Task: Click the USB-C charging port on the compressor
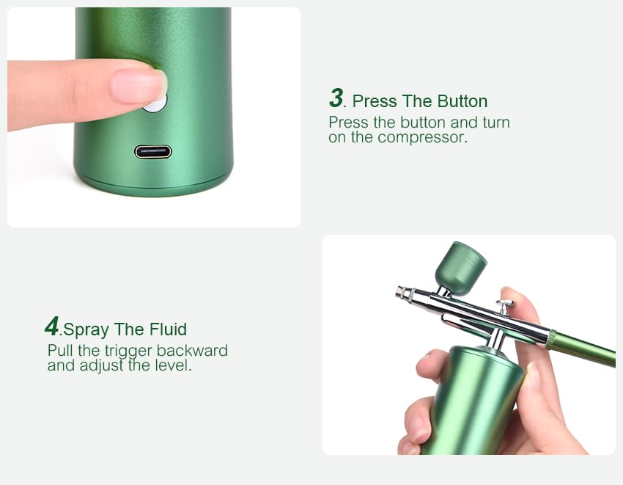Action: click(153, 152)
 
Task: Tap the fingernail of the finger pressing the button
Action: click(137, 86)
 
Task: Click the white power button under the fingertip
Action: click(155, 103)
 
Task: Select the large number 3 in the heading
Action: click(336, 98)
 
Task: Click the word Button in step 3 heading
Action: click(462, 101)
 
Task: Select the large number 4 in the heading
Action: click(51, 326)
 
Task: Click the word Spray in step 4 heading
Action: click(86, 329)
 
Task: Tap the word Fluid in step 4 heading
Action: click(168, 329)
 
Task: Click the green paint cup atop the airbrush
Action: click(460, 268)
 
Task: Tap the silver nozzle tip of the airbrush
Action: click(401, 292)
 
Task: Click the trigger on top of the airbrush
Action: click(505, 305)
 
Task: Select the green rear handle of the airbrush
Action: click(583, 349)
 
